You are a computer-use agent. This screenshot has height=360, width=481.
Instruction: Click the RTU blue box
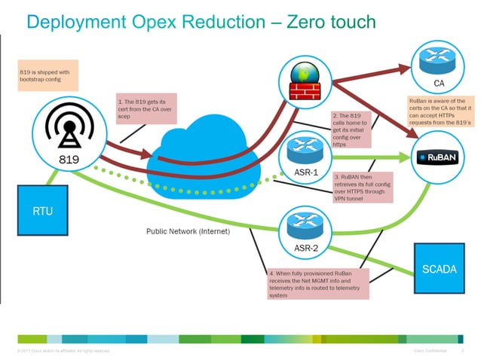42,210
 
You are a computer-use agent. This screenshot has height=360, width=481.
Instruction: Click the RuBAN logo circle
437,157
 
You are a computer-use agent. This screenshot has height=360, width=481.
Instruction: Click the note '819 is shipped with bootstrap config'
47,76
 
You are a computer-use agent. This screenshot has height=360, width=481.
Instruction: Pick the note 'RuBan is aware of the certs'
440,111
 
